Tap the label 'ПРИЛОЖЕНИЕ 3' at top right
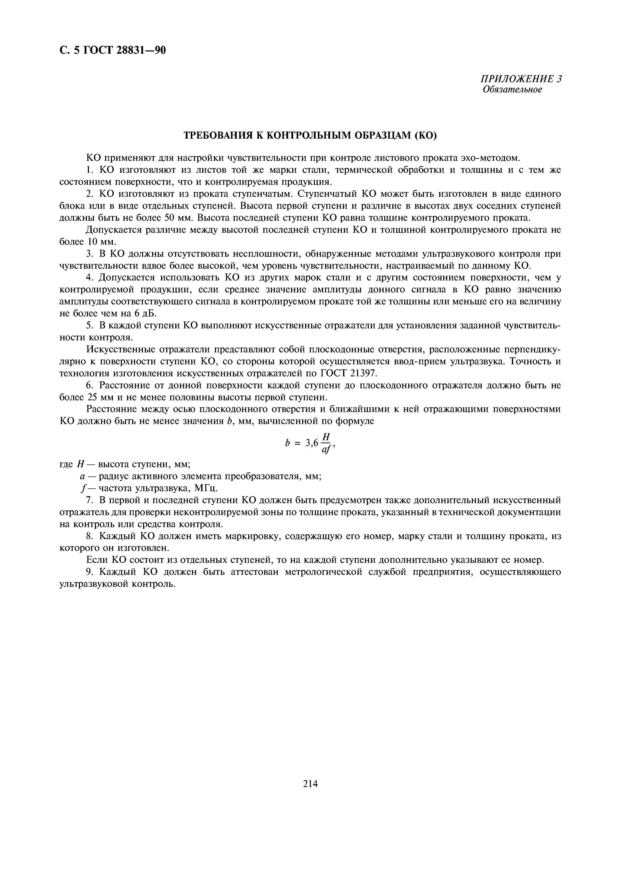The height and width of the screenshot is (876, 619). pos(521,79)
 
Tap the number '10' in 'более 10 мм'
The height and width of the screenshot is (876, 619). pos(94,242)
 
